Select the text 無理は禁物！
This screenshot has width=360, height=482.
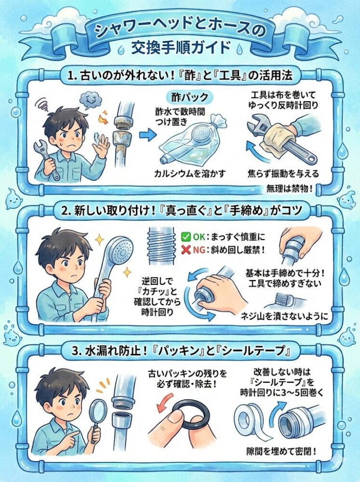[x=289, y=187]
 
